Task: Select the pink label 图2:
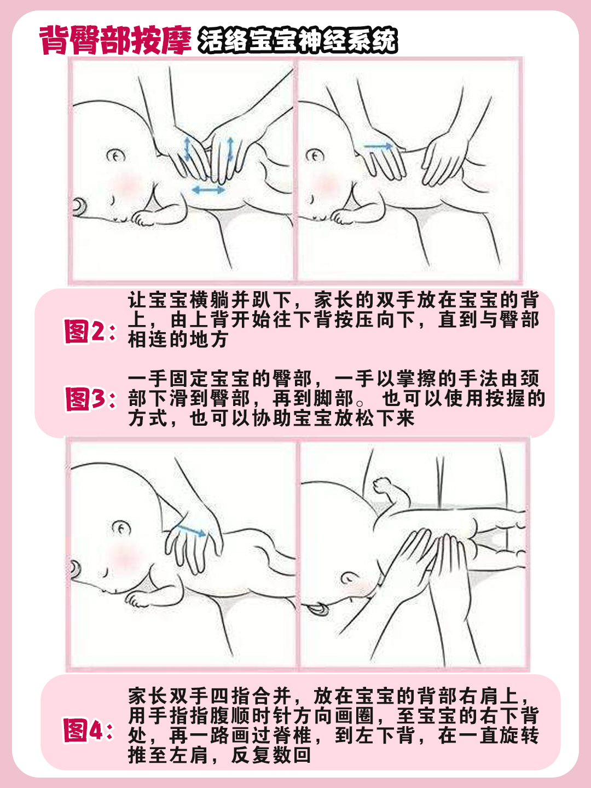pyautogui.click(x=90, y=331)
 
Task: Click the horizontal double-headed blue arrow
pyautogui.click(x=208, y=190)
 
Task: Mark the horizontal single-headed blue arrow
pyautogui.click(x=379, y=146)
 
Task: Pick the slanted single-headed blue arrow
pyautogui.click(x=192, y=530)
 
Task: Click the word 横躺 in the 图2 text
pyautogui.click(x=210, y=300)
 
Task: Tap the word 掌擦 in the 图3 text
pyautogui.click(x=416, y=379)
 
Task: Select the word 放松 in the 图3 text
pyautogui.click(x=354, y=418)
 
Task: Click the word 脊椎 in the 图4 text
pyautogui.click(x=293, y=735)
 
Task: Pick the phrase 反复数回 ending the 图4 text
pyautogui.click(x=271, y=755)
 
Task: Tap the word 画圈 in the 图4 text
pyautogui.click(x=355, y=716)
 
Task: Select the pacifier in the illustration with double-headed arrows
pyautogui.click(x=80, y=206)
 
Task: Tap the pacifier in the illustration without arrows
pyautogui.click(x=317, y=609)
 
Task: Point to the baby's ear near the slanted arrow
pyautogui.click(x=121, y=528)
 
